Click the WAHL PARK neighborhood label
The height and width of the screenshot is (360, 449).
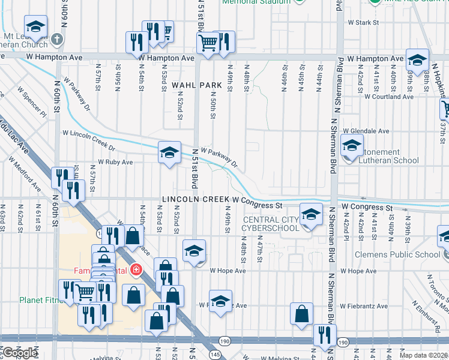(193, 86)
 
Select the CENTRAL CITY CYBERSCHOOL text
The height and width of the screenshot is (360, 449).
(270, 224)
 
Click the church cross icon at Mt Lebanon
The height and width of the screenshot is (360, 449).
(57, 40)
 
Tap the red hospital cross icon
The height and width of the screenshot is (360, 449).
(137, 270)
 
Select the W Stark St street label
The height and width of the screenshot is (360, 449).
(364, 23)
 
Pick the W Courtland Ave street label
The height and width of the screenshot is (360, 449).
(389, 96)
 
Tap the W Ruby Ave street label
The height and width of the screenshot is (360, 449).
(115, 162)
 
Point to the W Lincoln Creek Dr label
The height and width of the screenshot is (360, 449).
(88, 140)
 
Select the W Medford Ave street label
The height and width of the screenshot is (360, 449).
(25, 175)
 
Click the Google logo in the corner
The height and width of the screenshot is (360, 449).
(20, 353)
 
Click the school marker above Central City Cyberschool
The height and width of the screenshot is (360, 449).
(310, 214)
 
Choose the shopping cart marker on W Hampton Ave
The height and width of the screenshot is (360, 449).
(207, 42)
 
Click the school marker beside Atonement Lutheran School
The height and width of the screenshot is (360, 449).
(352, 145)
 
